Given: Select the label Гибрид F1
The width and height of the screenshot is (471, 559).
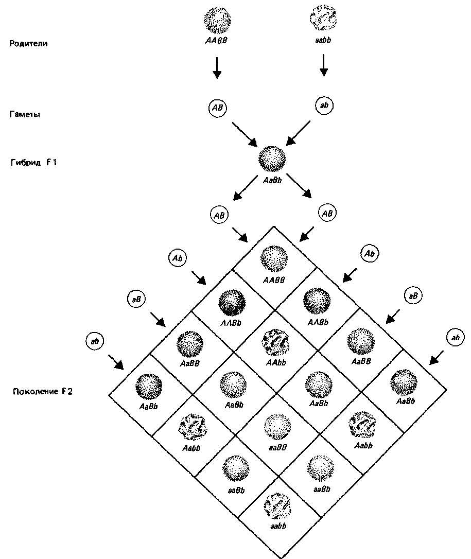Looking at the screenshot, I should click(x=31, y=163).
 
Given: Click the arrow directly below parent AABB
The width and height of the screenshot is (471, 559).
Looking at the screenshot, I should click(x=217, y=67).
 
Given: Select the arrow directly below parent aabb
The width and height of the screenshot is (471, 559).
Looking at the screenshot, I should click(x=324, y=65).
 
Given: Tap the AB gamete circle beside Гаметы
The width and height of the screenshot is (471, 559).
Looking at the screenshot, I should click(x=217, y=108).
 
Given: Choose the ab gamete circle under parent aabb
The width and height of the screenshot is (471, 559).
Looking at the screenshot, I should click(x=324, y=106).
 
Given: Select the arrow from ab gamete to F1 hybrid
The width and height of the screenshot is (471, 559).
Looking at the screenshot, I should click(x=299, y=132).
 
